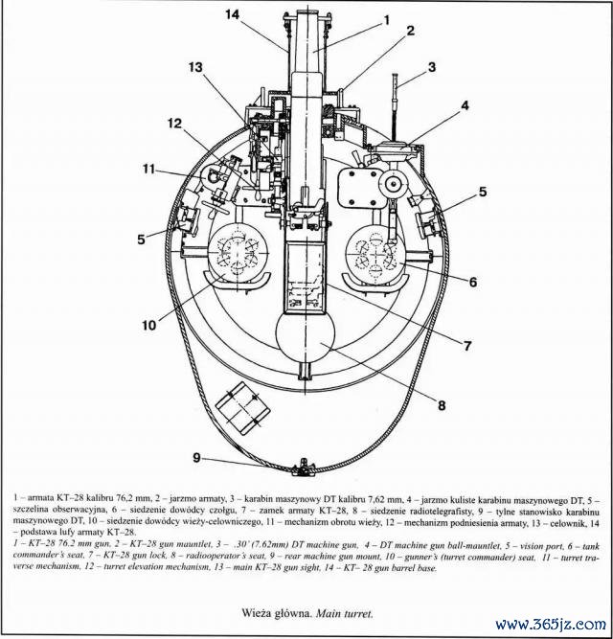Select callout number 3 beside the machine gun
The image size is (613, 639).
pyautogui.click(x=432, y=68)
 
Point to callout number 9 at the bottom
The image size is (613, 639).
pyautogui.click(x=196, y=458)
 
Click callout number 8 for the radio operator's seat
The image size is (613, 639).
pyautogui.click(x=442, y=405)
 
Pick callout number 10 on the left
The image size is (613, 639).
pyautogui.click(x=149, y=325)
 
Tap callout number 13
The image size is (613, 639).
pyautogui.click(x=195, y=68)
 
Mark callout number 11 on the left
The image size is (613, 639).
pyautogui.click(x=148, y=169)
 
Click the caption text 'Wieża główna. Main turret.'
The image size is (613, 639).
pyautogui.click(x=306, y=610)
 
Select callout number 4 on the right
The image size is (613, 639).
pyautogui.click(x=465, y=105)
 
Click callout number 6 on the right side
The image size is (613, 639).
pyautogui.click(x=469, y=284)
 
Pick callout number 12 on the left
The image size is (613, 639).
pyautogui.click(x=174, y=123)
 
